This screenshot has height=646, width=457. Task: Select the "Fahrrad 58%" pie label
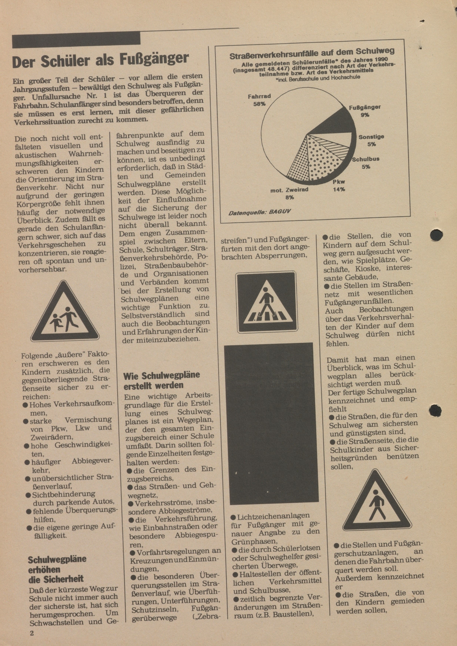tap(259, 100)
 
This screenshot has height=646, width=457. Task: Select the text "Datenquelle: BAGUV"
tap(260, 212)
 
